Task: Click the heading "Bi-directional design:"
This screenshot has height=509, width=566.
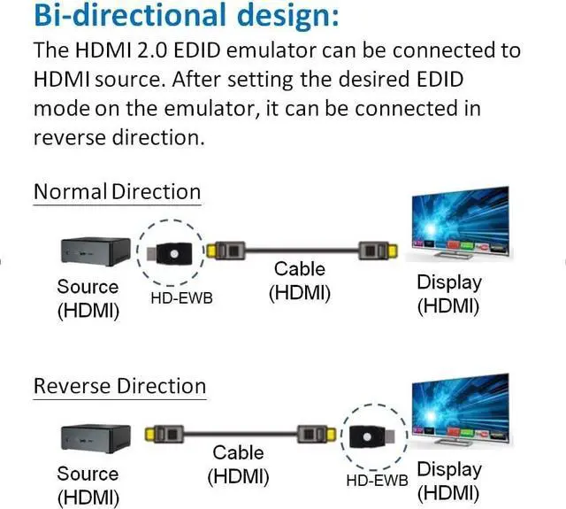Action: click(x=173, y=17)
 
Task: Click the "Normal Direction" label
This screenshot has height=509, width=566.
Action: click(x=117, y=191)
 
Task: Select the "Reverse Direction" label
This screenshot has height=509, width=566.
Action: click(x=119, y=386)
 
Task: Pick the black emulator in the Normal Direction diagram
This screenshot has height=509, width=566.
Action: click(x=172, y=251)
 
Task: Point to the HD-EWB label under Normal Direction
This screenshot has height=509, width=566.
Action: click(x=182, y=297)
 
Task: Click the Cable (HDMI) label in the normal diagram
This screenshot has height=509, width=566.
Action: click(x=300, y=281)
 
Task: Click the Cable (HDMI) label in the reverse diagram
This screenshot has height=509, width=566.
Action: click(x=238, y=464)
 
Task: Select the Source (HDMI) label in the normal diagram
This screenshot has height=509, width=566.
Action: click(x=88, y=298)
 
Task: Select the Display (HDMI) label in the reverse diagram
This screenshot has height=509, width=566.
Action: click(x=448, y=480)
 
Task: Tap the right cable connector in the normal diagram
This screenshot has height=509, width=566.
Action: click(x=372, y=251)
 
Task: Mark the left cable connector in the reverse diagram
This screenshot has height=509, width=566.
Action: click(x=161, y=436)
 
